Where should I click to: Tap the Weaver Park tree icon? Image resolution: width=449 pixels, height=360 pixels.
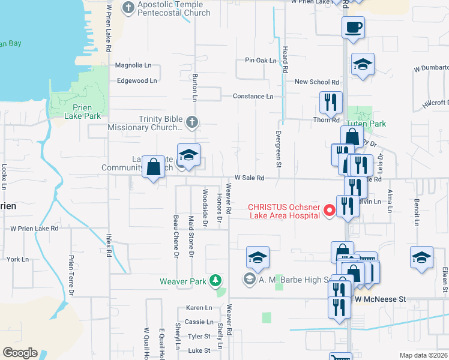click(x=215, y=281)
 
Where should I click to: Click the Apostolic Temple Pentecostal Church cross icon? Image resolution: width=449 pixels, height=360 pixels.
click(x=128, y=8)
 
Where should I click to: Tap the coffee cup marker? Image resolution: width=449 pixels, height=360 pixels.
click(x=353, y=27)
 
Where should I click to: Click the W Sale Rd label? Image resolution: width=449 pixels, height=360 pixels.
click(x=250, y=178)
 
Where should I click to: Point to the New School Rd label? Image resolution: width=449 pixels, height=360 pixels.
click(x=317, y=82)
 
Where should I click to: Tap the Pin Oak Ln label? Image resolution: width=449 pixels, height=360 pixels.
click(x=261, y=60)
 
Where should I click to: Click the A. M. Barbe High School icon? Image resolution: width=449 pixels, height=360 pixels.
click(x=249, y=279)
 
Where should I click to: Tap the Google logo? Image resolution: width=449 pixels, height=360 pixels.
click(x=20, y=353)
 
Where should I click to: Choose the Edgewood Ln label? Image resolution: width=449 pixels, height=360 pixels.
click(x=137, y=80)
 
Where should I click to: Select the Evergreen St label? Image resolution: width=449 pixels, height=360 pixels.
click(x=279, y=149)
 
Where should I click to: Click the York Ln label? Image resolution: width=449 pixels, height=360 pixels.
click(x=17, y=259)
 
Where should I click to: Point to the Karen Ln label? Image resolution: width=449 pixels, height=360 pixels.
click(x=199, y=307)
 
